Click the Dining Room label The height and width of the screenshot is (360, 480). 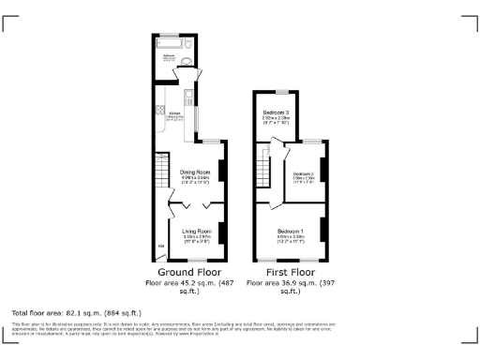click(x=193, y=172)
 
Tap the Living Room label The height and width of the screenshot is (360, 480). click(x=197, y=231)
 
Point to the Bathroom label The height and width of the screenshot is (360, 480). click(x=170, y=56)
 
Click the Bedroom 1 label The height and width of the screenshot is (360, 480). click(x=291, y=231)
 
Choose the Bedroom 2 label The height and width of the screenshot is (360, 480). click(x=304, y=174)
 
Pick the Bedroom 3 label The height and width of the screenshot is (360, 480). click(x=276, y=112)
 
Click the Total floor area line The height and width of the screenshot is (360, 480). click(x=76, y=312)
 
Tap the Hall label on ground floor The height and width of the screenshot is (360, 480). click(x=161, y=247)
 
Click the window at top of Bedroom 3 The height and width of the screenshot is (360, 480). click(x=278, y=92)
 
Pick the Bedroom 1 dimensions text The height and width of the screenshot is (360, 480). click(x=291, y=238)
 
